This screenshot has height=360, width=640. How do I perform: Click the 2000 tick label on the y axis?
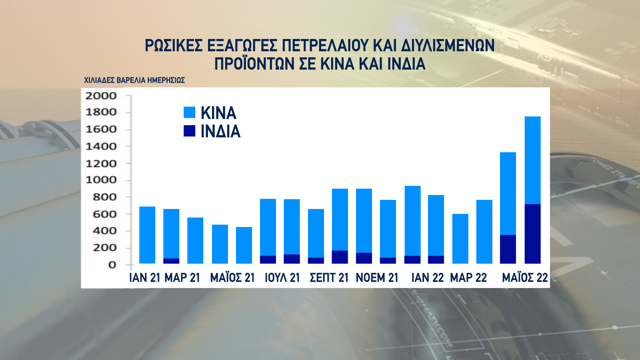(x=101, y=96)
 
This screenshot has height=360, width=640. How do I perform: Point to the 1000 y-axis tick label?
(x=101, y=180)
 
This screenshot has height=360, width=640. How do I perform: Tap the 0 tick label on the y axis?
(x=112, y=265)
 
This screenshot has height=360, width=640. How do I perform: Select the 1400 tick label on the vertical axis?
(x=101, y=146)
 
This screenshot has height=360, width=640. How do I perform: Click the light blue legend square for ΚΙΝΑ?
(x=189, y=112)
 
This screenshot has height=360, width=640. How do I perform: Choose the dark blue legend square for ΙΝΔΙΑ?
(x=189, y=131)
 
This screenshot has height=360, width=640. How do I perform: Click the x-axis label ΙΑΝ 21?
(x=145, y=278)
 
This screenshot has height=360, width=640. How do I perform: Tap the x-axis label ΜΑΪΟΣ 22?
(x=525, y=278)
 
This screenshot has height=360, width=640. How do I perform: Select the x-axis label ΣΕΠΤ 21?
(x=329, y=278)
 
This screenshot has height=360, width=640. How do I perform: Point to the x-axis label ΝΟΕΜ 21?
(x=377, y=278)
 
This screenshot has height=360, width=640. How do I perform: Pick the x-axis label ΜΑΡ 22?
(x=468, y=278)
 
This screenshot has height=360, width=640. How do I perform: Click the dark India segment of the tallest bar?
(x=532, y=234)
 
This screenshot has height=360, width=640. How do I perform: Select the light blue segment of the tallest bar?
(x=532, y=160)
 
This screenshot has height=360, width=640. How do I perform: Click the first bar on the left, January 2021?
(x=147, y=235)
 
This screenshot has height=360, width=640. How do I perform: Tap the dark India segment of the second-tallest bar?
(x=508, y=249)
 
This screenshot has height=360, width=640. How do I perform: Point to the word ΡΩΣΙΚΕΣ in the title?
(x=174, y=46)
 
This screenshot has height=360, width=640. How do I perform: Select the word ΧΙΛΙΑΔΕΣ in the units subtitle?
(x=99, y=80)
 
